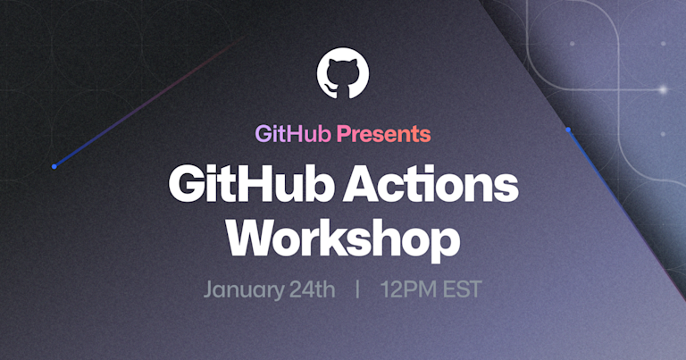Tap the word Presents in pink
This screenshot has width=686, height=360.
384,135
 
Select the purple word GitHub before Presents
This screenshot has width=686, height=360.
294,135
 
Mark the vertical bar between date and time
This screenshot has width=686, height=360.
357,290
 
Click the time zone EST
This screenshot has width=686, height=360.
461,290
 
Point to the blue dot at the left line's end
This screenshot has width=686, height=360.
54,166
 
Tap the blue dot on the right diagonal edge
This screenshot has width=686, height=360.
567,130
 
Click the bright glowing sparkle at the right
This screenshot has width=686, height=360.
663,89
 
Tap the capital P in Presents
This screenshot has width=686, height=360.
345,135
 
